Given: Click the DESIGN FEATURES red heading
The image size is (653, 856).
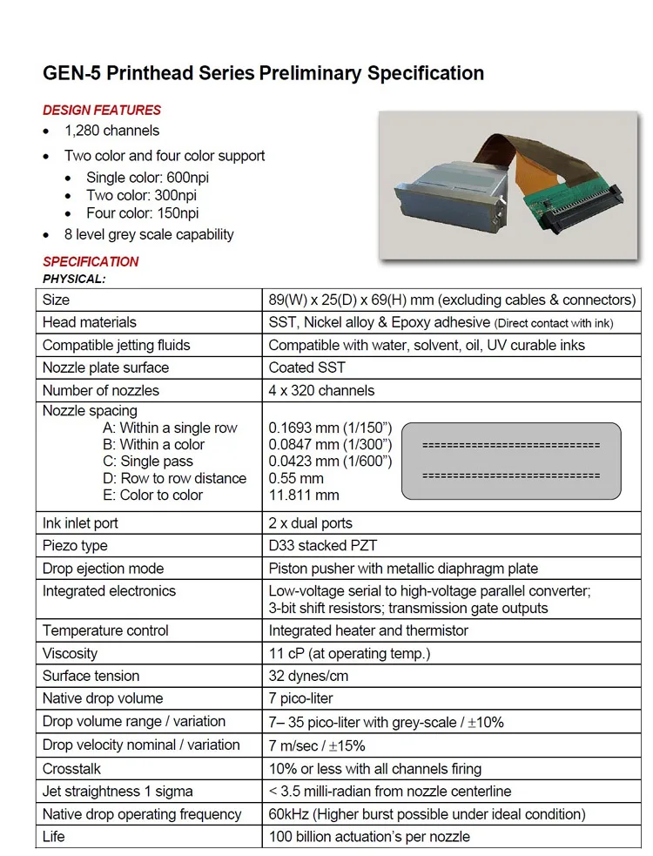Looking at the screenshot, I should (102, 110).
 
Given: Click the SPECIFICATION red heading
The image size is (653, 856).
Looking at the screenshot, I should (91, 261).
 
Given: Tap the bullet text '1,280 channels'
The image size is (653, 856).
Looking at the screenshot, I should (111, 131).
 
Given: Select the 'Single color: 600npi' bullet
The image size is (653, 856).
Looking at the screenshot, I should (147, 178).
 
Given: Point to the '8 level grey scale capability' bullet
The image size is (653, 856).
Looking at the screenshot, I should (149, 234).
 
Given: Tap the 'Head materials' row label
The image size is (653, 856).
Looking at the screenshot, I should (90, 322).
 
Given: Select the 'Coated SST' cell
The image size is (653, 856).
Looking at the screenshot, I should (306, 367).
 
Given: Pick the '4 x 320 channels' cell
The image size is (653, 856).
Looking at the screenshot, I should (321, 390).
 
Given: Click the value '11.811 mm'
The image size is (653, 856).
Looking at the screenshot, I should (304, 495).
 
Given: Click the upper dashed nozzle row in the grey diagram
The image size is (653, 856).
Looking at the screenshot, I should (510, 445).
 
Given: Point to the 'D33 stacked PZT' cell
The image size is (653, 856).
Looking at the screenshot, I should (322, 546).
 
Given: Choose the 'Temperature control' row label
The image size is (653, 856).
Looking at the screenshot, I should (105, 630).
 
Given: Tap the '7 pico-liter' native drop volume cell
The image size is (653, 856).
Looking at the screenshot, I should (301, 698).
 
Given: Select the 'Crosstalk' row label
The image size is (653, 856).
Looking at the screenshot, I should (71, 769).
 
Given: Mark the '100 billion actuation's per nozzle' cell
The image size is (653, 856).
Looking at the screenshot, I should (369, 837).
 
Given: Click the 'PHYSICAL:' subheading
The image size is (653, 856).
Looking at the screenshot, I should (74, 279).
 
